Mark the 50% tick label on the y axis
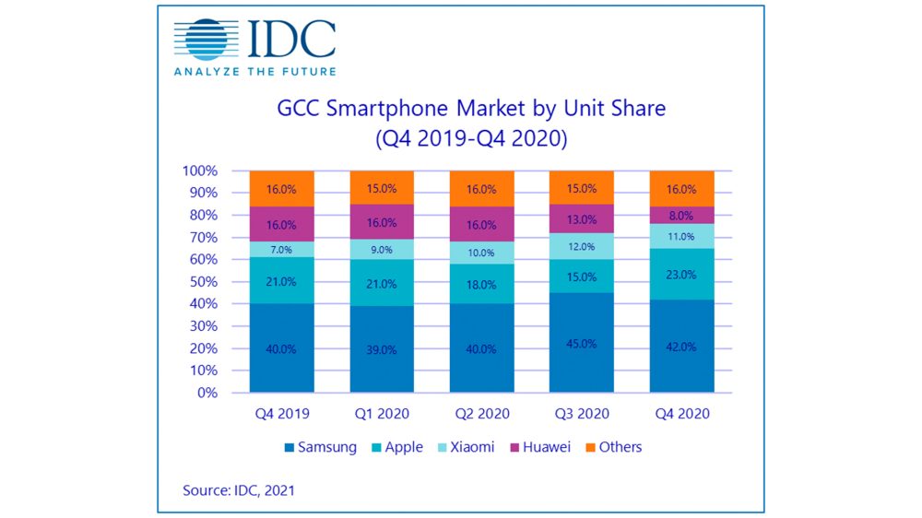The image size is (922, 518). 203,282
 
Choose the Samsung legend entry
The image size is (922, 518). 319,447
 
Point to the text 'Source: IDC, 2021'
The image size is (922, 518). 240,491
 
